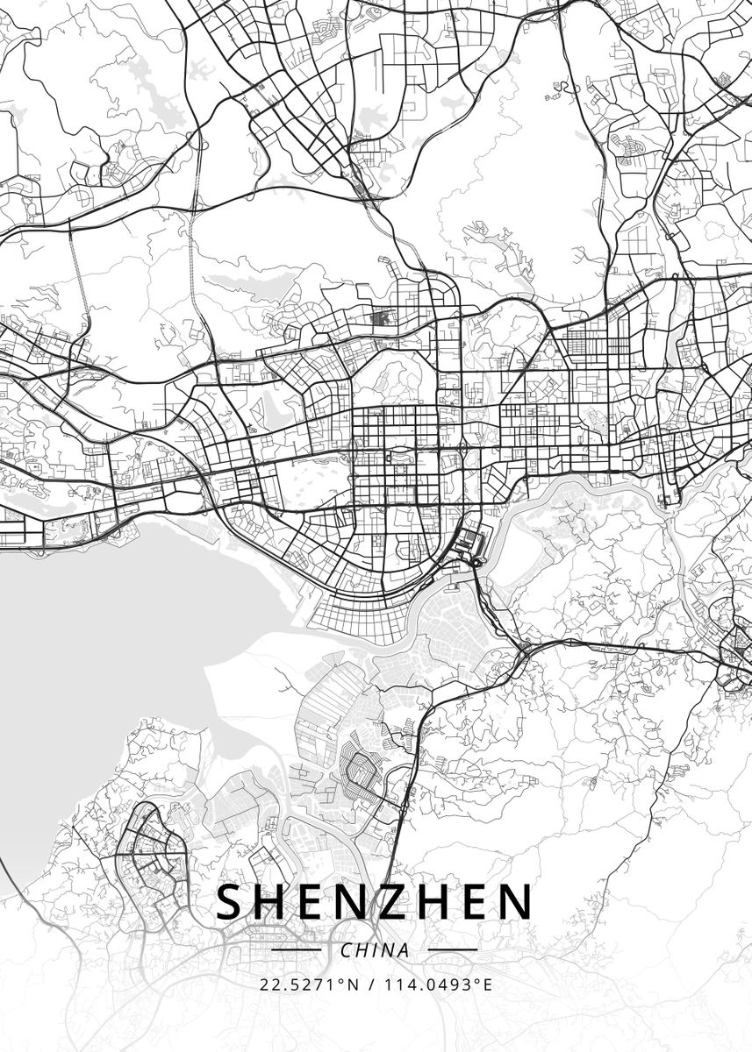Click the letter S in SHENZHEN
click(231, 902)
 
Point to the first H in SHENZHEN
click(273, 902)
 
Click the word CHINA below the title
click(375, 950)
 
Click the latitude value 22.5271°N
click(310, 984)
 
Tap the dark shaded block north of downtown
click(383, 319)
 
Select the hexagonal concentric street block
click(359, 771)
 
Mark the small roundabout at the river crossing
click(477, 562)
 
